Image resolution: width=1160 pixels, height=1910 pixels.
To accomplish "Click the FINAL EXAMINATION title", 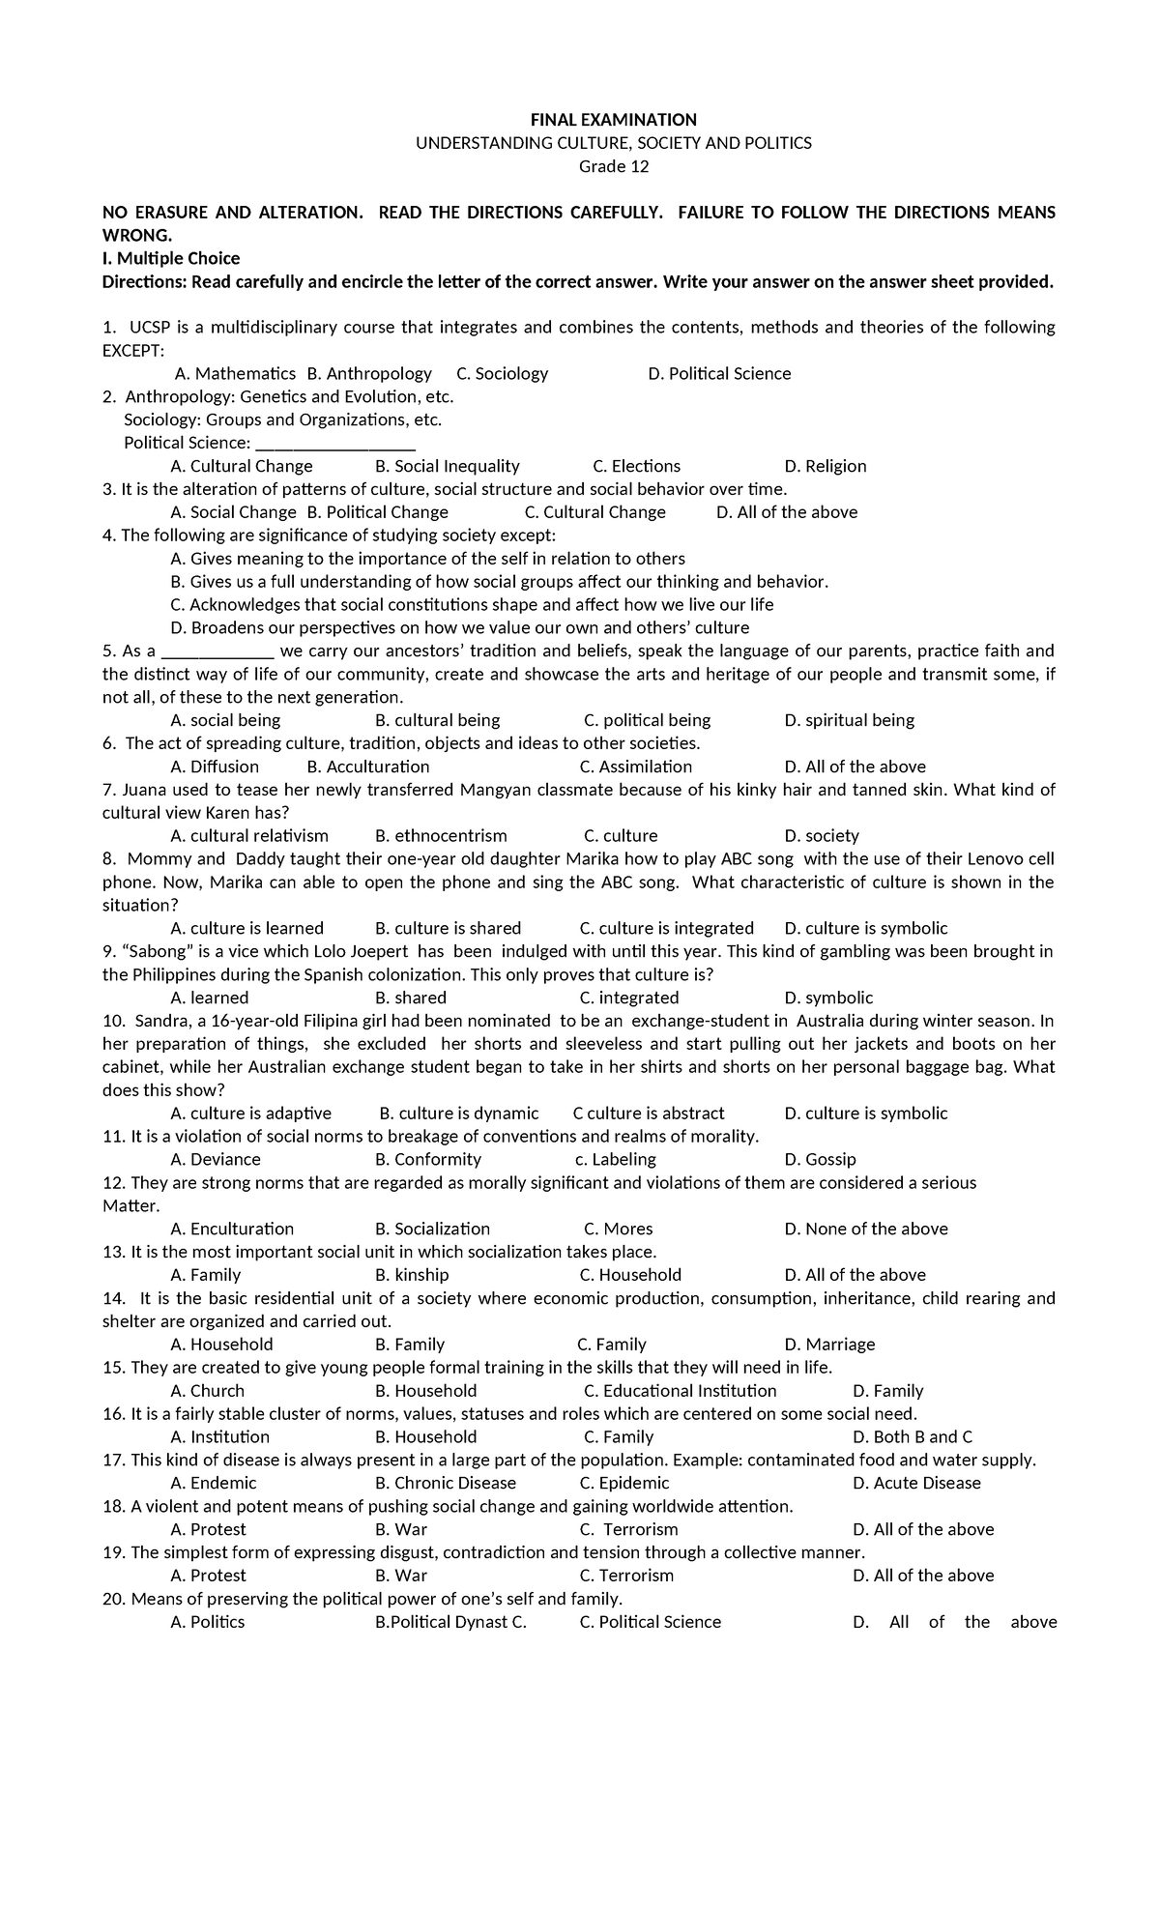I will [613, 120].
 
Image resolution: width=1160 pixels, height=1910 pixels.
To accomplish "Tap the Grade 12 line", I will [613, 166].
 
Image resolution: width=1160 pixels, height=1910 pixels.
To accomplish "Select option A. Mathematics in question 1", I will [235, 373].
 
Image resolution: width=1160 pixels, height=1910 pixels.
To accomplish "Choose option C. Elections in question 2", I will [636, 466].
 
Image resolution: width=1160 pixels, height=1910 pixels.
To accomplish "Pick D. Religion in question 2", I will [826, 466].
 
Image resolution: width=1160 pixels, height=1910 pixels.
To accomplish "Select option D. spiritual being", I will [849, 720].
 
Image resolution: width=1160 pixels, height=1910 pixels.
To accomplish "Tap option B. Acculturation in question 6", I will [367, 767].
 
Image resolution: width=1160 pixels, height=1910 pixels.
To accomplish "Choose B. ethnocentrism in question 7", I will [440, 836].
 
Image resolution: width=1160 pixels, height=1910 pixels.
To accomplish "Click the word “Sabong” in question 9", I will [145, 951].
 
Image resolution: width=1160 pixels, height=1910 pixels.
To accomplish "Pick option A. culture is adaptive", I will [250, 1114].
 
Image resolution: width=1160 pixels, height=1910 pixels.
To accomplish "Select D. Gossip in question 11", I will [820, 1160].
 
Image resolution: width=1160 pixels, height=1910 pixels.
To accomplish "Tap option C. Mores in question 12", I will [618, 1230].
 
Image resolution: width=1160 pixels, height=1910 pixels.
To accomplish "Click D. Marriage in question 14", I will [829, 1345].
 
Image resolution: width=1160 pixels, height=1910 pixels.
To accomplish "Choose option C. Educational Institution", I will [680, 1391].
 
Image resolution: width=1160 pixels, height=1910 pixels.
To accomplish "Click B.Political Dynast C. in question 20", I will [450, 1622].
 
